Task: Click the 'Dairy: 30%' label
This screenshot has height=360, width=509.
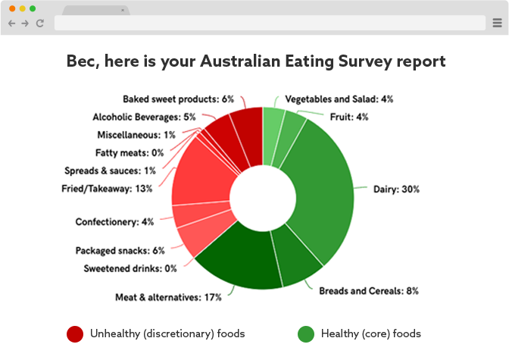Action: [x=396, y=189]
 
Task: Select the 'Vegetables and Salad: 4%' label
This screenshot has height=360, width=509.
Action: [x=339, y=99]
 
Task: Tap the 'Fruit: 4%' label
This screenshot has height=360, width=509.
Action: [x=348, y=117]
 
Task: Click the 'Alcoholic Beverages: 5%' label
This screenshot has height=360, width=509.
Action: [x=144, y=117]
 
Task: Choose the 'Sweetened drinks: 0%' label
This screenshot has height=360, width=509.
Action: [x=130, y=268]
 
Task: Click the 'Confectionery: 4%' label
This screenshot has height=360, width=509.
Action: [x=114, y=222]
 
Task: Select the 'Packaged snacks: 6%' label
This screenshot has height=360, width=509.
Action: [x=120, y=250]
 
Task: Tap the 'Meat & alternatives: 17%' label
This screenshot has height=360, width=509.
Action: [x=168, y=297]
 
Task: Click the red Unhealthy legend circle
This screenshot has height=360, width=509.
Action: [x=75, y=334]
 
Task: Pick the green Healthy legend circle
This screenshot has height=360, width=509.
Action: [x=306, y=334]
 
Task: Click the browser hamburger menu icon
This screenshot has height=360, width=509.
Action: [x=497, y=23]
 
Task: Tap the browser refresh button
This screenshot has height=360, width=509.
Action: [x=39, y=23]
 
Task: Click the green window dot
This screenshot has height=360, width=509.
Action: [x=33, y=8]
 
